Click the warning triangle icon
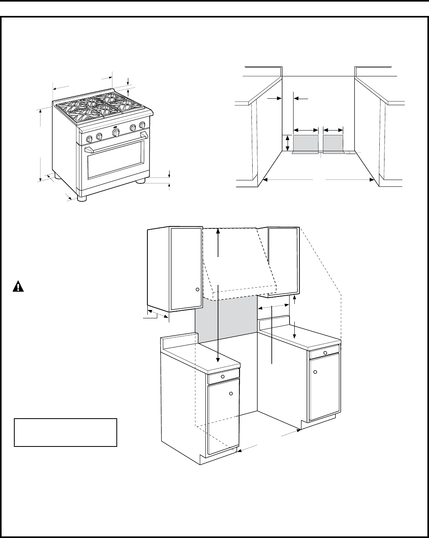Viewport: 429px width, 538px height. (18, 287)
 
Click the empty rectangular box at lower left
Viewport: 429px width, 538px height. (66, 432)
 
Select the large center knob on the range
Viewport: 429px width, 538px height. (116, 133)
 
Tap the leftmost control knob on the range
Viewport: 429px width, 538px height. (90, 139)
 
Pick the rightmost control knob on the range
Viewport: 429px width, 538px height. (142, 126)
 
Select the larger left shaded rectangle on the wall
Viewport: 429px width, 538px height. (305, 143)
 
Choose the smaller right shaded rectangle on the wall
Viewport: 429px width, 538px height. (333, 143)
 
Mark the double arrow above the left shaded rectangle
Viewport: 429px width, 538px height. (306, 130)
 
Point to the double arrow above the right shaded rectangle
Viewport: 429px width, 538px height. (333, 130)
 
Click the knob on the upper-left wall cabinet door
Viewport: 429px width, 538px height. (197, 290)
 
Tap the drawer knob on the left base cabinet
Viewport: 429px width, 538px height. (223, 376)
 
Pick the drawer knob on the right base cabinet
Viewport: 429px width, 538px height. (325, 353)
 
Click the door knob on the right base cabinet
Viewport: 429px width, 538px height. (315, 372)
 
